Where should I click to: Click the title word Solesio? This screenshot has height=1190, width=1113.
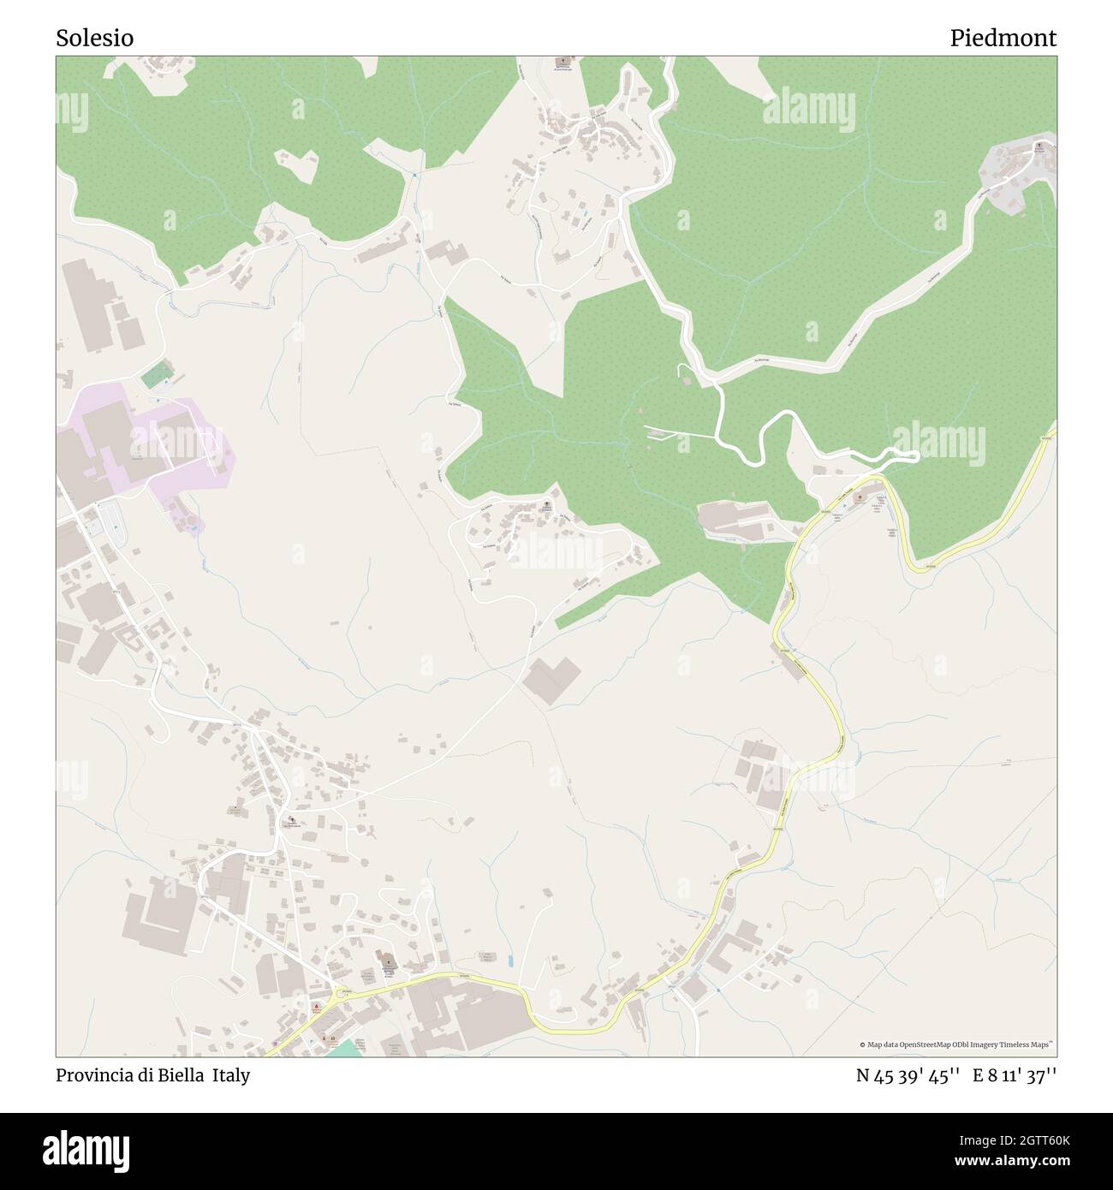94,39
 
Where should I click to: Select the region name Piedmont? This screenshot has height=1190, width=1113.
1003,39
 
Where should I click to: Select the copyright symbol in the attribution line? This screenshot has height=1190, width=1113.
862,1044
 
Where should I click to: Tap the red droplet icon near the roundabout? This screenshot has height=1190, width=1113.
316,1005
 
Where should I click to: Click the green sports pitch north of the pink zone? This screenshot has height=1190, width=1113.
157,374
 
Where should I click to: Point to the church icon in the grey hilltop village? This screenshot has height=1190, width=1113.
1039,146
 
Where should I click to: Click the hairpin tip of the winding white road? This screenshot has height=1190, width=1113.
916,455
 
